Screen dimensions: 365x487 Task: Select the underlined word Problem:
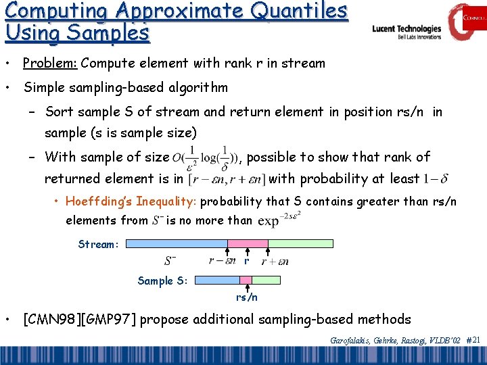click(50, 64)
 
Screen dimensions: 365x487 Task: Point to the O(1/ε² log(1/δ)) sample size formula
click(206, 157)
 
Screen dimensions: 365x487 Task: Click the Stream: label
click(99, 244)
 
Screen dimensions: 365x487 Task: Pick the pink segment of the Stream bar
click(247, 243)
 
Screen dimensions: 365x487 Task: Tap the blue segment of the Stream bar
click(177, 243)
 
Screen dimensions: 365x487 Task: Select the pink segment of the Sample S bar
click(246, 280)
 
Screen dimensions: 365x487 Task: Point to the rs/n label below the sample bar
click(246, 297)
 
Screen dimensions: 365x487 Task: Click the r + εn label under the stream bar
click(275, 261)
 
